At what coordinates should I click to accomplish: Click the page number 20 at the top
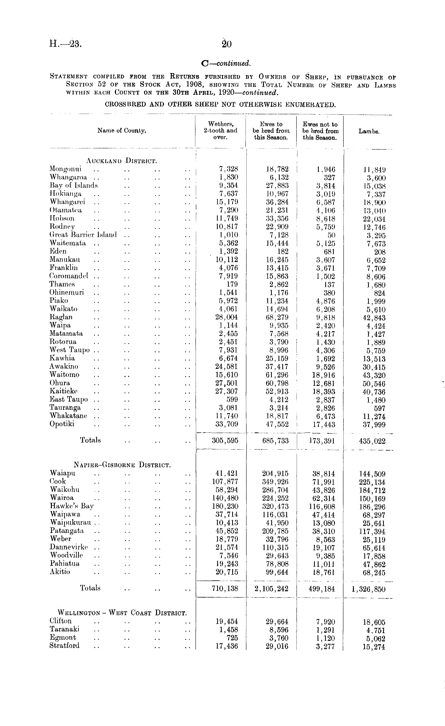click(227, 44)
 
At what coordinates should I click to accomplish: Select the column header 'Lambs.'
click(369, 131)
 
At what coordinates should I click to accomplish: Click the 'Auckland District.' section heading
click(121, 161)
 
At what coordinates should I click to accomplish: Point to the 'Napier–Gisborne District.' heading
click(122, 465)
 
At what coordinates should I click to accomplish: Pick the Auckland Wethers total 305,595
click(225, 441)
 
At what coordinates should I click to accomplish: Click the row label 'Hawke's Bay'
click(72, 506)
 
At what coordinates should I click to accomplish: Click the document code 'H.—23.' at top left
click(65, 44)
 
